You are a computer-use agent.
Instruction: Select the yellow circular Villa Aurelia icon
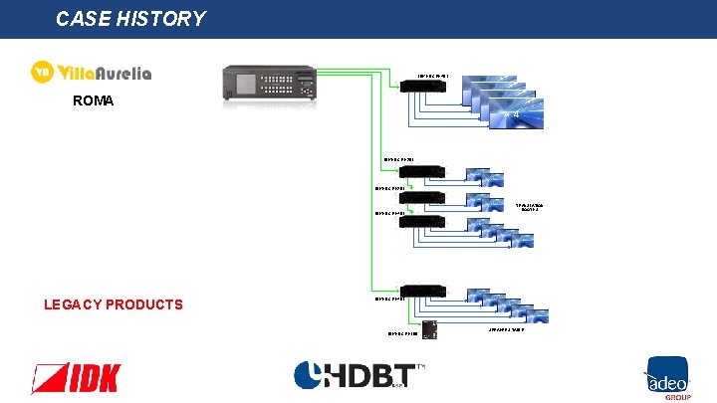point(42,73)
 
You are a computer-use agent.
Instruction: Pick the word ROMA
point(95,101)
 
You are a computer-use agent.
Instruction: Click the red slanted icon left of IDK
point(49,378)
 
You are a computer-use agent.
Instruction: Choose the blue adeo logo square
point(664,373)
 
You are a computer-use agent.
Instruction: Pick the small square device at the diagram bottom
point(429,330)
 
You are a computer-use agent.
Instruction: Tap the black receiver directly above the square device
point(422,291)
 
